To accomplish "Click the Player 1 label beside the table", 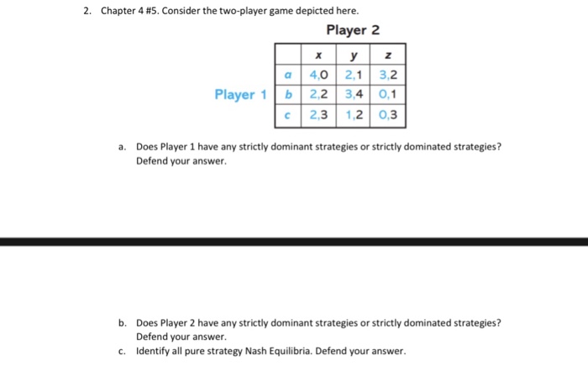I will (239, 94).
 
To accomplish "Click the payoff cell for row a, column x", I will (318, 75).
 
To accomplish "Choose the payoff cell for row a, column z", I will (388, 75).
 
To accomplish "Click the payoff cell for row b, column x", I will (318, 95).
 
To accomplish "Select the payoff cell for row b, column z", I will (388, 95).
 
